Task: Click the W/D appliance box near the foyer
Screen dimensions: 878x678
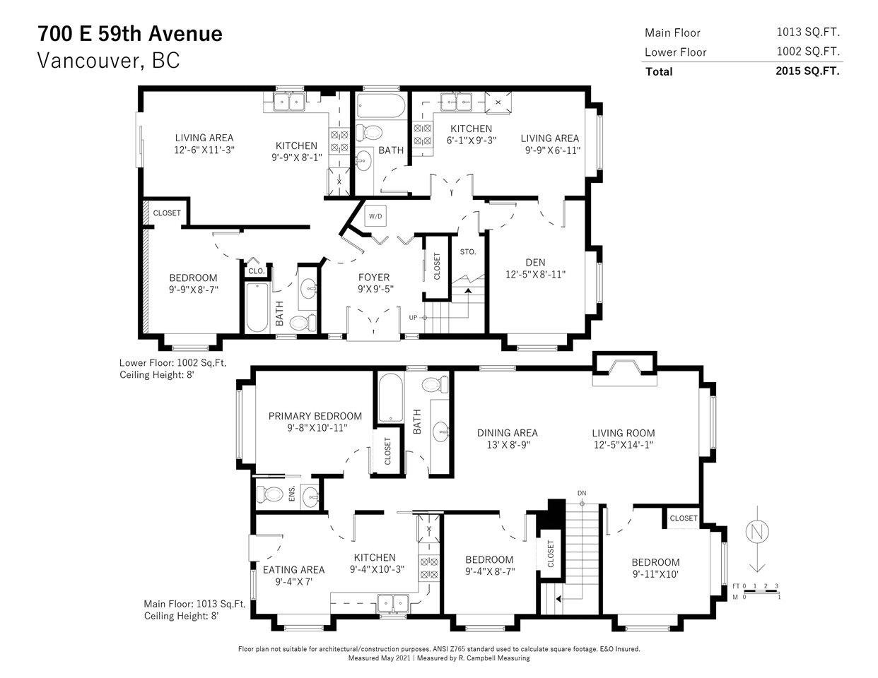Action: pos(375,216)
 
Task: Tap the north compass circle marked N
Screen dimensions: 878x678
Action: pos(757,532)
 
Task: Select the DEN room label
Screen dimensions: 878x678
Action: pos(535,262)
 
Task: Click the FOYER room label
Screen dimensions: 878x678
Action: pos(374,278)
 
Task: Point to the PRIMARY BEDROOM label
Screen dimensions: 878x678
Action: pos(315,416)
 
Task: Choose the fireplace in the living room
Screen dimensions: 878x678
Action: pos(624,369)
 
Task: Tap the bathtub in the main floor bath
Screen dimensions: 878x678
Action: pos(391,398)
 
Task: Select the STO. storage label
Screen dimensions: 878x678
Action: pos(468,252)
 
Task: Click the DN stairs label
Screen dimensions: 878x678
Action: pos(582,493)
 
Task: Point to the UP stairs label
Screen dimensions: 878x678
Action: pos(413,318)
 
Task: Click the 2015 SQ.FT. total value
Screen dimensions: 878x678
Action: pos(807,71)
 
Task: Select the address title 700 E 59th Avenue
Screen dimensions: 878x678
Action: pos(130,33)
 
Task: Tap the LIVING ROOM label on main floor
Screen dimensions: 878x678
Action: pos(624,433)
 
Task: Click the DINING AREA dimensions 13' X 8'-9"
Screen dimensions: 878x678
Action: pos(508,445)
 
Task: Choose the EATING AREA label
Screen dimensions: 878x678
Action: pos(294,570)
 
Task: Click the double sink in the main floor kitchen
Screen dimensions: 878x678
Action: pos(393,603)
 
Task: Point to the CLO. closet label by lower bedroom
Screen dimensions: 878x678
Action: pos(256,270)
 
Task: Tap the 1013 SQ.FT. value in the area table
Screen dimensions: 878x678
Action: pos(808,32)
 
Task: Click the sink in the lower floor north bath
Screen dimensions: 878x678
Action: pos(364,160)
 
